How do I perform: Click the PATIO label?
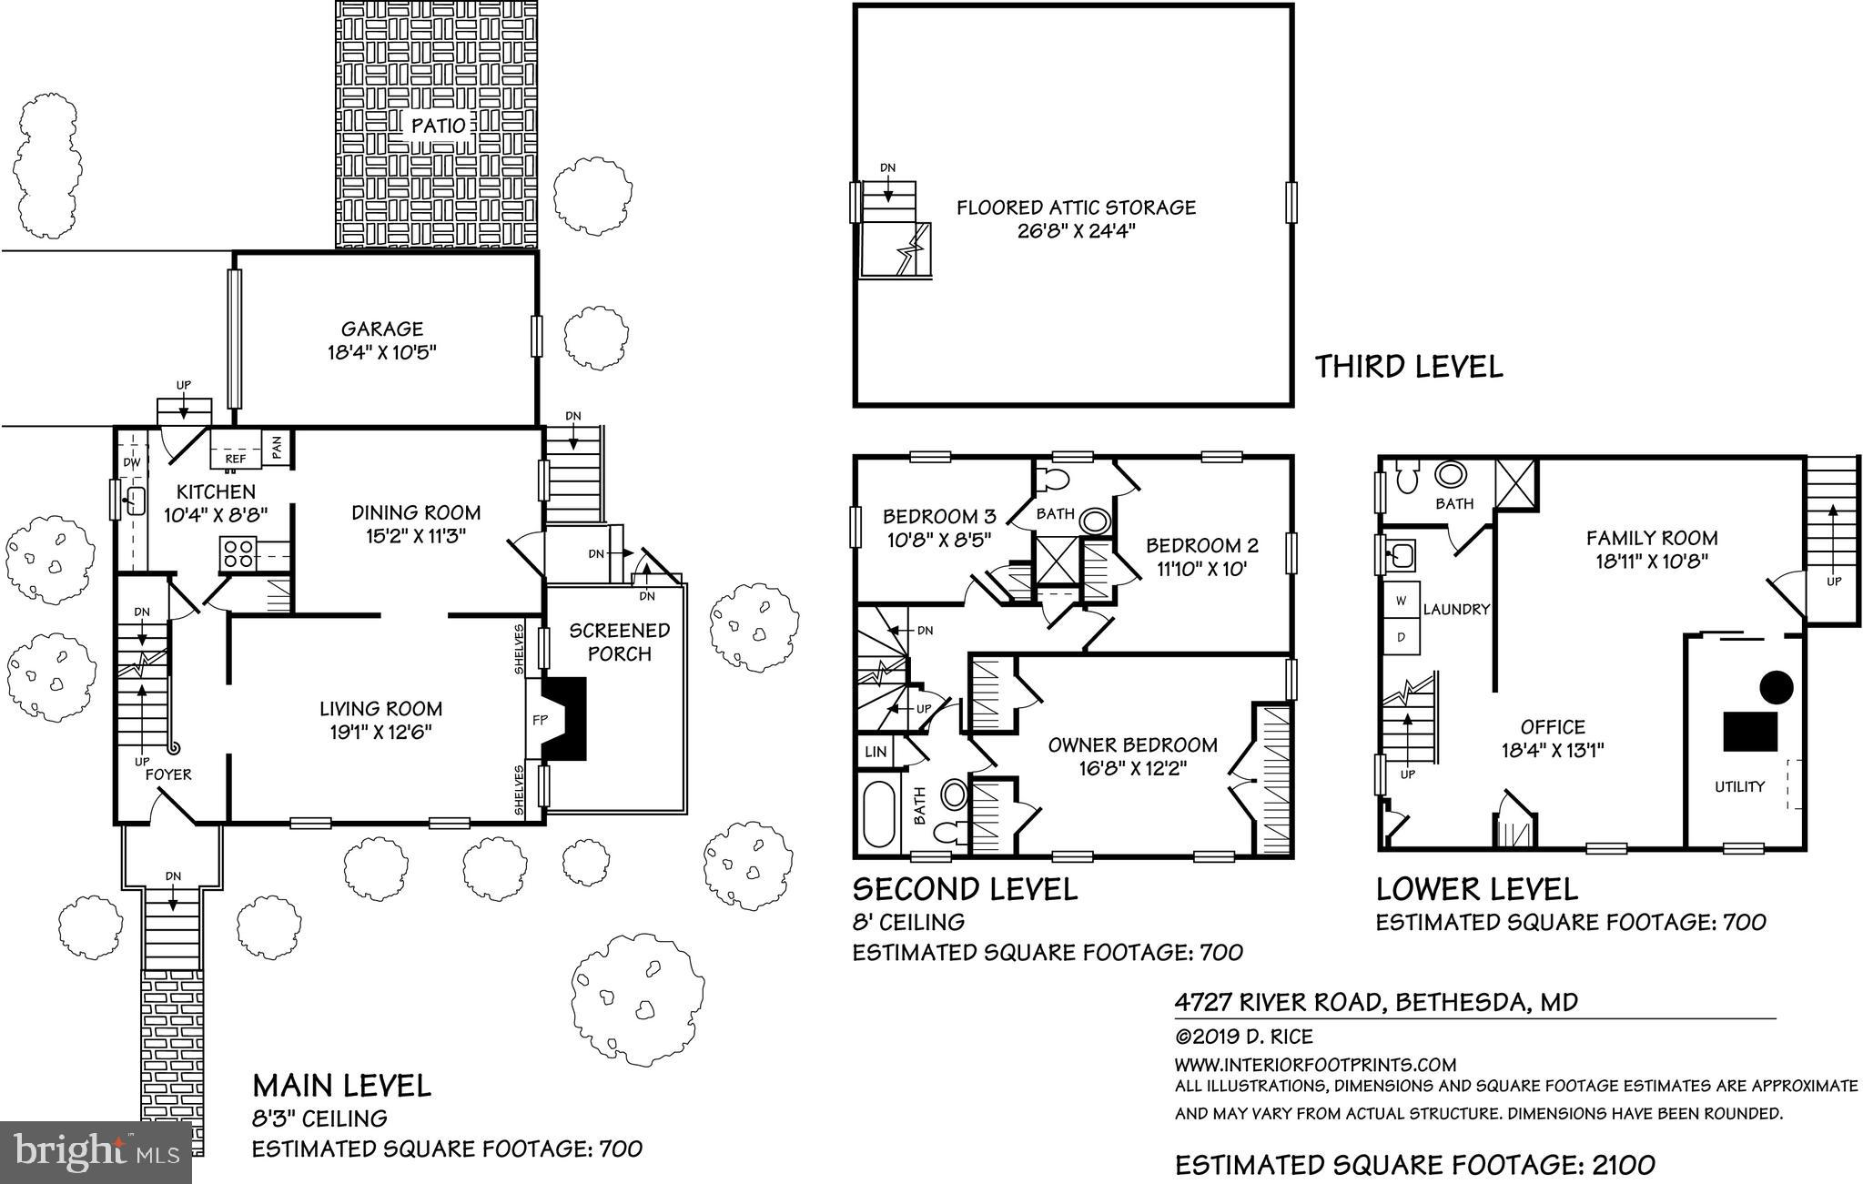(438, 126)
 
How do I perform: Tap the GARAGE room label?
(382, 329)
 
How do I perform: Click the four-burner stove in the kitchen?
(239, 553)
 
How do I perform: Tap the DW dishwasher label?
(132, 462)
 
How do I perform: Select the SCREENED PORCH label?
(620, 642)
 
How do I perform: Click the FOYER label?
(169, 774)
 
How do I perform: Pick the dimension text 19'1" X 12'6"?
(380, 732)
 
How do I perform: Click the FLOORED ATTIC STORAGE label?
(1076, 207)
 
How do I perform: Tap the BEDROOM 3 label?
(939, 517)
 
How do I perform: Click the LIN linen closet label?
(876, 752)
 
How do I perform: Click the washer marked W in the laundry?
(1402, 602)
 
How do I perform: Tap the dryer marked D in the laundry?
(1402, 637)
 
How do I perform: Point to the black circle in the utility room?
(1776, 686)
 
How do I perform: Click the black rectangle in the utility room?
(1750, 731)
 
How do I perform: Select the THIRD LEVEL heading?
(1409, 367)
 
